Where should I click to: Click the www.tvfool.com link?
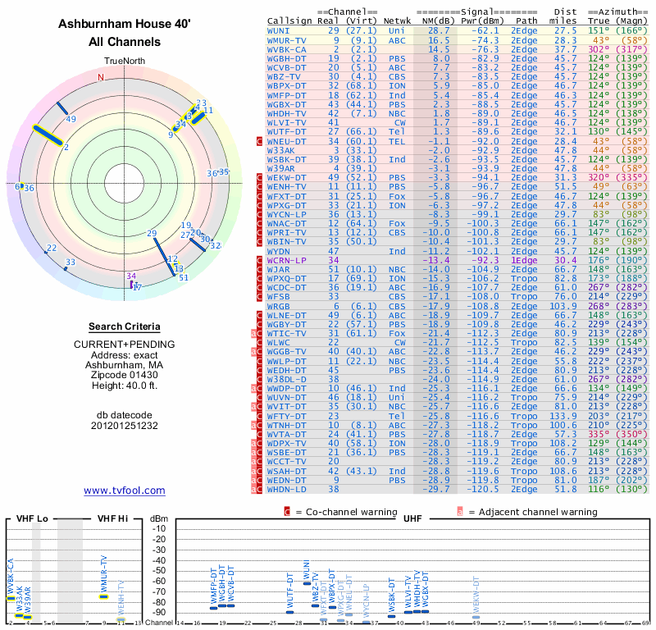tap(124, 491)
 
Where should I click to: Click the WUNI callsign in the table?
tap(278, 30)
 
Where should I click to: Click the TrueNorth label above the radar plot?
tap(124, 62)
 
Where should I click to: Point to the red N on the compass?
tap(101, 78)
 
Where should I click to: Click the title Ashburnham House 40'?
tap(124, 25)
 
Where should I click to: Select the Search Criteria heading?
tap(124, 326)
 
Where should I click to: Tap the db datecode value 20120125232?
tap(124, 426)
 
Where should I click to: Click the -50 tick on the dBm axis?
tap(159, 571)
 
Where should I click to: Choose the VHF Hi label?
tap(112, 518)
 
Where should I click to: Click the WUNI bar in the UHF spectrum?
tap(307, 582)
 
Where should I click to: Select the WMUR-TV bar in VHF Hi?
tap(103, 596)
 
